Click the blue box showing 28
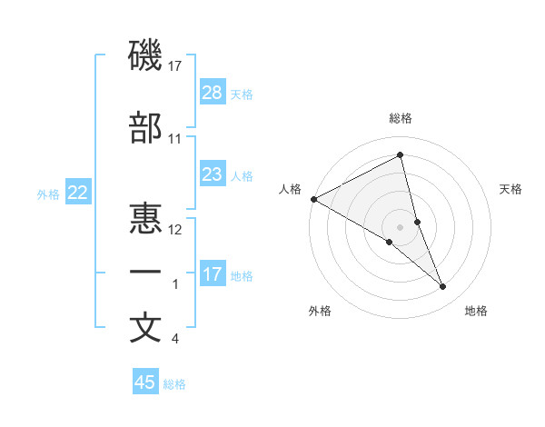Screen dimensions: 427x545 [x=212, y=92]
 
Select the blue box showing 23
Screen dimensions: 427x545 [x=212, y=174]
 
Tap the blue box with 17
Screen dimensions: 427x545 [x=212, y=274]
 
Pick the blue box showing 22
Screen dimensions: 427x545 [x=77, y=193]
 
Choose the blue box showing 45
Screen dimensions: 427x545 [x=145, y=382]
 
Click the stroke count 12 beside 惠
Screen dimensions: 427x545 [x=175, y=229]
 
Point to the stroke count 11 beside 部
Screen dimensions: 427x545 [x=175, y=139]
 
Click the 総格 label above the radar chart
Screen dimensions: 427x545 [x=400, y=118]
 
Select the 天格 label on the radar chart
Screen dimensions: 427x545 [x=510, y=189]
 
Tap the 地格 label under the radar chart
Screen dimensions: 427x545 [x=476, y=311]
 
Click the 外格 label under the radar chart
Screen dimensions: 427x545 [x=320, y=311]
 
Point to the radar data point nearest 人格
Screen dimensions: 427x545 [x=313, y=199]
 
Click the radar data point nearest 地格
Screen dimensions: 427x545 [x=443, y=287]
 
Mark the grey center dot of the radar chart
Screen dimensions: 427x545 [x=400, y=226]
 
